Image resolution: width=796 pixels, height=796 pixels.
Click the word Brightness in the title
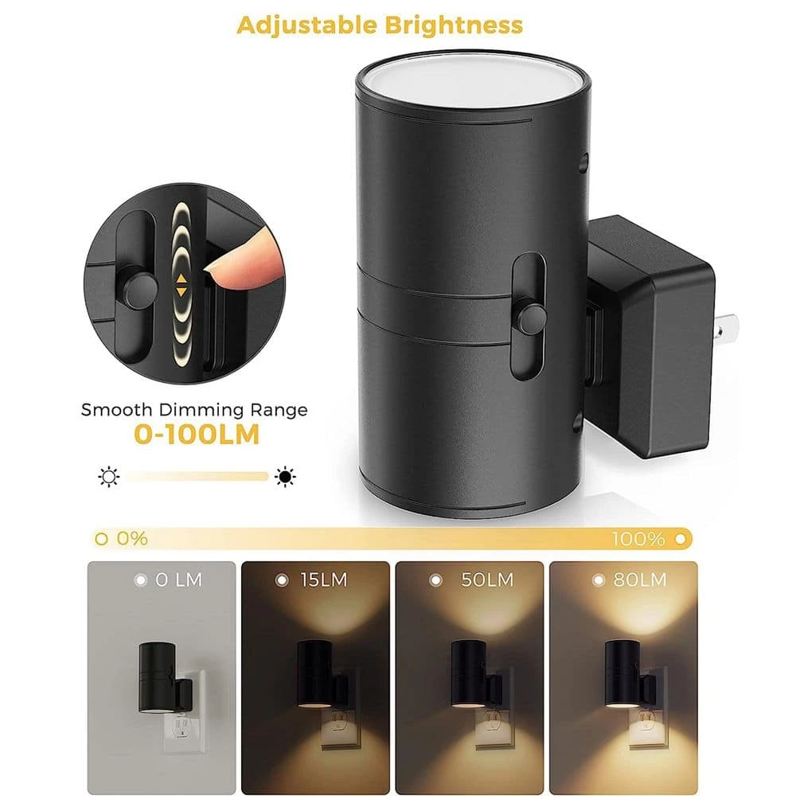pos(454,25)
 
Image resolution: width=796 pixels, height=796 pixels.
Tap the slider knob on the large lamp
pos(530,318)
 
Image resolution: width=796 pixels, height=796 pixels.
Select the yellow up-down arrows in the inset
pos(181,285)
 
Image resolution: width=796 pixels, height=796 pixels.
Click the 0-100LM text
pos(197,435)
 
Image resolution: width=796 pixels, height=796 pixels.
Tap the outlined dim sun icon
pos(108,477)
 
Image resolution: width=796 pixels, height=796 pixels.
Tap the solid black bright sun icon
pos(285,476)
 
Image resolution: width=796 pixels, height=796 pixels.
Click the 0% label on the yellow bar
pos(132,539)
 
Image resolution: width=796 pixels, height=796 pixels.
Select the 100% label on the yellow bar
pos(638,539)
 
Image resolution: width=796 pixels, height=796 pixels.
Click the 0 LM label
pos(178,579)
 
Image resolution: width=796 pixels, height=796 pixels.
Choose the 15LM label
pos(323,579)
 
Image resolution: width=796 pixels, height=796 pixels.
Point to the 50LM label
pos(487,579)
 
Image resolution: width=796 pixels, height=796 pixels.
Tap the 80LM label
pos(640,579)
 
